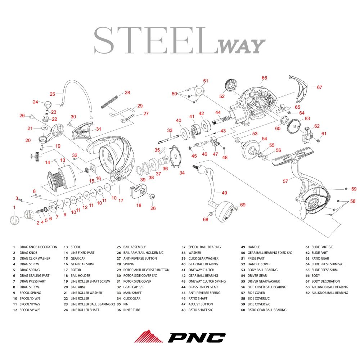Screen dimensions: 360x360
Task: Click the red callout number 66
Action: click(x=264, y=78)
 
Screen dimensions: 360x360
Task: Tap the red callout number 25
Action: click(x=53, y=94)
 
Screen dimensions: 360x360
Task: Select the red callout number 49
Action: click(x=224, y=193)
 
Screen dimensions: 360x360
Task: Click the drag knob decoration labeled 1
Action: click(x=14, y=219)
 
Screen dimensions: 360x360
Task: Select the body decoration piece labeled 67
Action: click(x=300, y=89)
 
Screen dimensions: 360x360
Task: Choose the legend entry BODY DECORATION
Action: click(x=325, y=281)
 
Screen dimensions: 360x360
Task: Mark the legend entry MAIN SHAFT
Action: click(x=133, y=293)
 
